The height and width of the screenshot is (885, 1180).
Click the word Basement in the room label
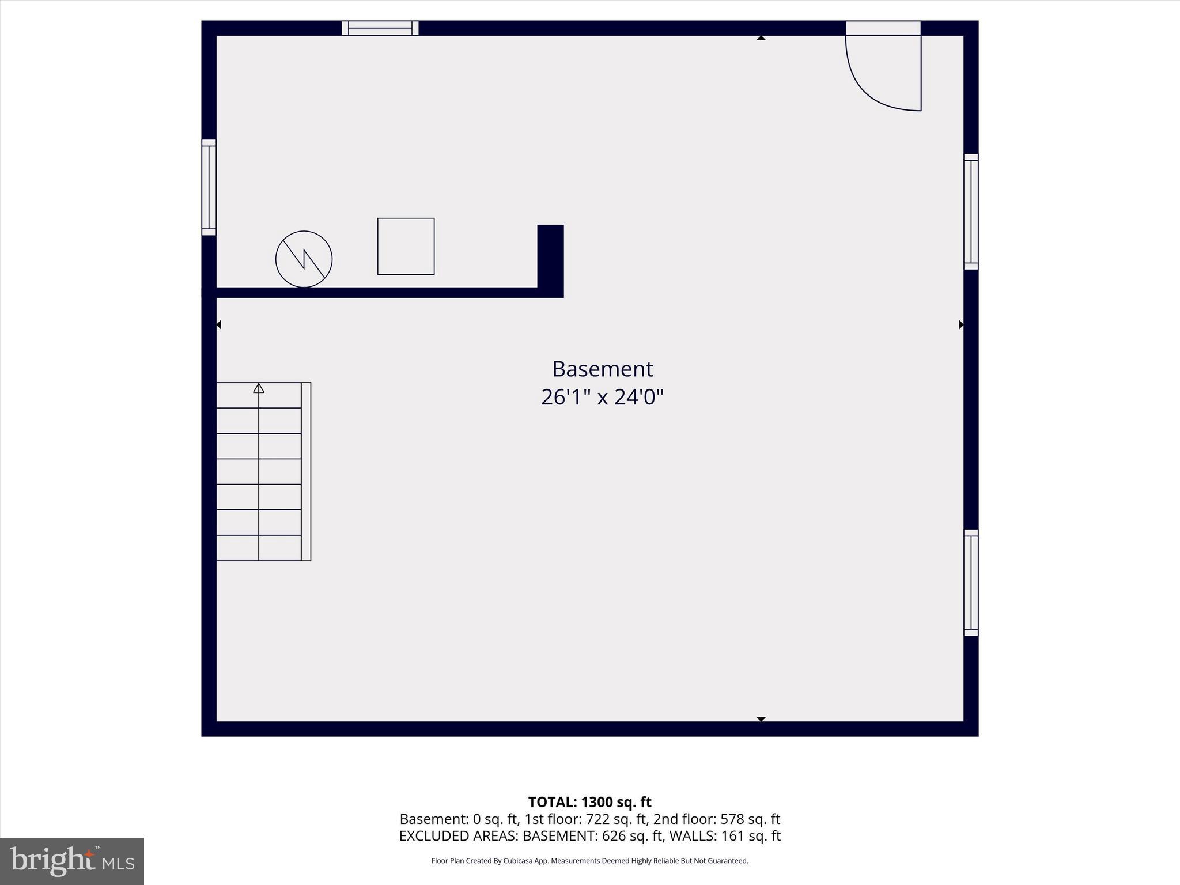(602, 369)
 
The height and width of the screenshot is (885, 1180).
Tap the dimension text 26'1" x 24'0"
(602, 397)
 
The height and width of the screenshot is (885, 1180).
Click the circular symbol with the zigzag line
(304, 259)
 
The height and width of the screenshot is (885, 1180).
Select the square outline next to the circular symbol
(406, 246)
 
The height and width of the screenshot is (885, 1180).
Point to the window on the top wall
(380, 28)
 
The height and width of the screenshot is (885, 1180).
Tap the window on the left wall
(209, 187)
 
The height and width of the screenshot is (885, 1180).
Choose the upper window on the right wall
(971, 211)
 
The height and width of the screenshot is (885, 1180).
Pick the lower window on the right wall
(971, 583)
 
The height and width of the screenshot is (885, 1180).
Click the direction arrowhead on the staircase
(259, 388)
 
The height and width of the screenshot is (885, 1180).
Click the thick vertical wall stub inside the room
(550, 256)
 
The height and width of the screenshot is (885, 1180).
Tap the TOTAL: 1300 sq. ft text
(589, 802)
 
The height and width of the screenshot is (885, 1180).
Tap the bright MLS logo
(72, 861)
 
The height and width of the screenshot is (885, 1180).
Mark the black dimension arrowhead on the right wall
(961, 325)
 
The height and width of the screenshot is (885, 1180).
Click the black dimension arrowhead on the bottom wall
(761, 719)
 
